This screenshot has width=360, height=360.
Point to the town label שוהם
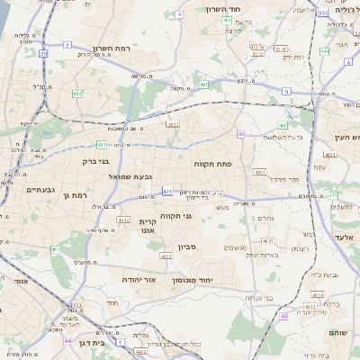pos(343,332)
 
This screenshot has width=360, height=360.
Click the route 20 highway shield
pos(43,53)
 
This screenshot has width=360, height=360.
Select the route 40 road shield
pos(283,125)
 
